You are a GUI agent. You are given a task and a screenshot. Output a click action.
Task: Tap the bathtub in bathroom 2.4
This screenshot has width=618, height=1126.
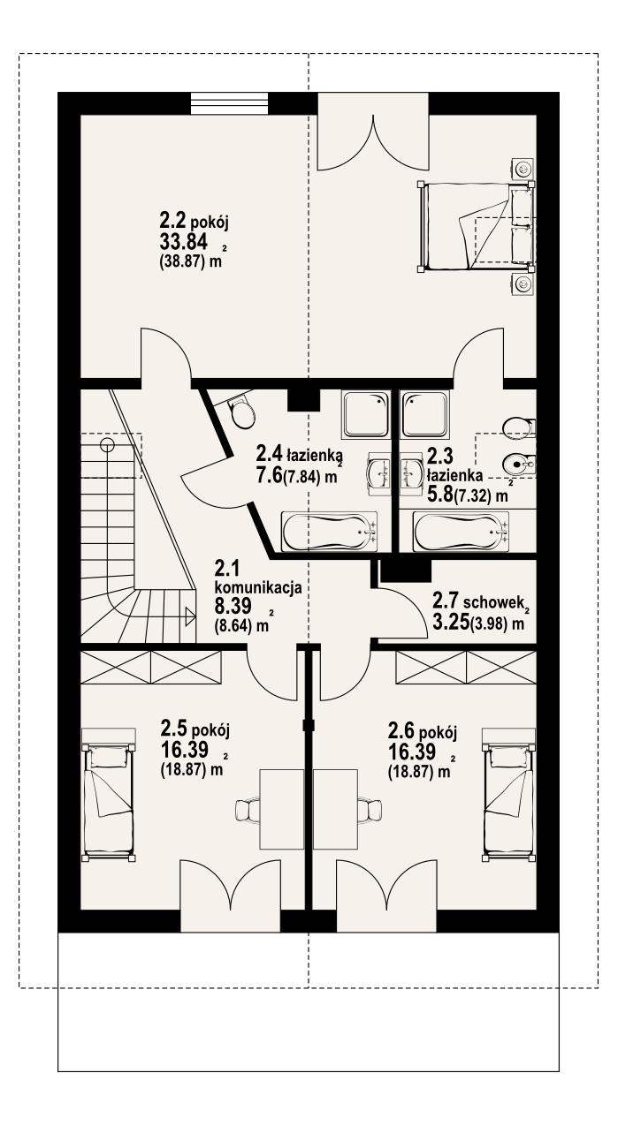[x=330, y=532]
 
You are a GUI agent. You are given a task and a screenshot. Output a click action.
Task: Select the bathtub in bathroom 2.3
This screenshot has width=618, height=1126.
[x=461, y=532]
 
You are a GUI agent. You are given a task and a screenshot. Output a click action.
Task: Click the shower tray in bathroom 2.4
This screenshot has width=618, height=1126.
[x=365, y=413]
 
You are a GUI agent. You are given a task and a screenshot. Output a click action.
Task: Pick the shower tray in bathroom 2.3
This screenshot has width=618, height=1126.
[x=423, y=413]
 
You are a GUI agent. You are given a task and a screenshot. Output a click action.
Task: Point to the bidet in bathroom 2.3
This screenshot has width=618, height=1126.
[x=519, y=465]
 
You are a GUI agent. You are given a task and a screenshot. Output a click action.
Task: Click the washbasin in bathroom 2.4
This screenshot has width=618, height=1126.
[x=378, y=473]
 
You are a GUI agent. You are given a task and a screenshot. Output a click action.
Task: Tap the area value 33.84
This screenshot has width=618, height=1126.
[x=184, y=242]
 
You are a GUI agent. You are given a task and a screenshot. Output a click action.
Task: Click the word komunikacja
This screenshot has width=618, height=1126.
[x=258, y=587]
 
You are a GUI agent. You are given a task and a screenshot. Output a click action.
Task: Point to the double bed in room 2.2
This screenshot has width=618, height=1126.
[x=476, y=226]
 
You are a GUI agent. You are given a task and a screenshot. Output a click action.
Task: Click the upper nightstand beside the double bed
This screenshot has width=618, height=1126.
[x=523, y=169]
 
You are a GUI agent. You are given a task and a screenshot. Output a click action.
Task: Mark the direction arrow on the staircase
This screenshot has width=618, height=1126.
[x=190, y=616]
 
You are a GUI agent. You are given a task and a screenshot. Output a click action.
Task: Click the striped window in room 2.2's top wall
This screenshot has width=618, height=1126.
[x=230, y=104]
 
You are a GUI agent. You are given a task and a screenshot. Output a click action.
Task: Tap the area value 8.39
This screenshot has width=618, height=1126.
[x=233, y=606]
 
